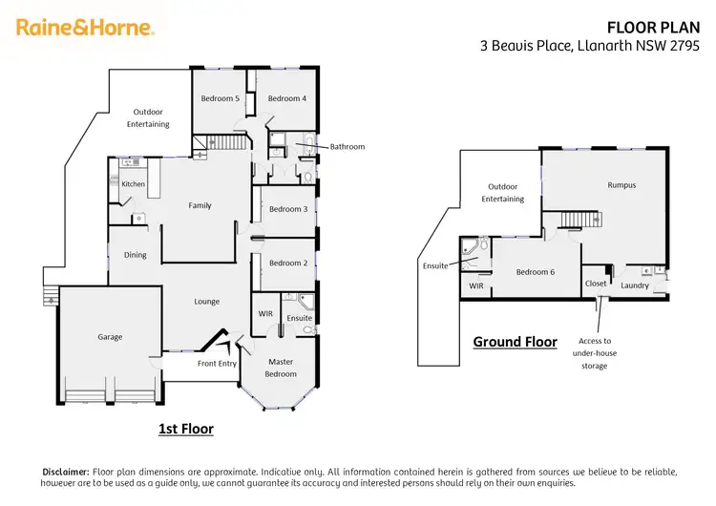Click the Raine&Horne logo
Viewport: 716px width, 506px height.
[85, 27]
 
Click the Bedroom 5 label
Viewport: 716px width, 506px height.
[220, 98]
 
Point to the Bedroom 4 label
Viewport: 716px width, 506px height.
[286, 98]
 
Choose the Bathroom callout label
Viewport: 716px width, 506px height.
[347, 147]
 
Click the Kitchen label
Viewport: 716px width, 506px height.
[133, 184]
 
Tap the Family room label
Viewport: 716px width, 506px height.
[200, 205]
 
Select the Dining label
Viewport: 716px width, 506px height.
[135, 255]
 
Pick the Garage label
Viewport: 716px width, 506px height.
[110, 336]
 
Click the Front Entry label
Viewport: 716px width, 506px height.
[217, 364]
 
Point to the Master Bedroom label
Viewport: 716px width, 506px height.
[280, 368]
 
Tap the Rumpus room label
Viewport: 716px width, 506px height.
[621, 185]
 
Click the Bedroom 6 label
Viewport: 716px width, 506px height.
[535, 272]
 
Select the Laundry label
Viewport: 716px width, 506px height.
[635, 285]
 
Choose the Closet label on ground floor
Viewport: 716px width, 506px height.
[595, 284]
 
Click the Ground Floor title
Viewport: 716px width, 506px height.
[515, 342]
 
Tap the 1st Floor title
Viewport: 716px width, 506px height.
[185, 430]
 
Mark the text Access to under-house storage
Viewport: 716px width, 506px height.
[594, 353]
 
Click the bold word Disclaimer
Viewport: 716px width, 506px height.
[64, 472]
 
